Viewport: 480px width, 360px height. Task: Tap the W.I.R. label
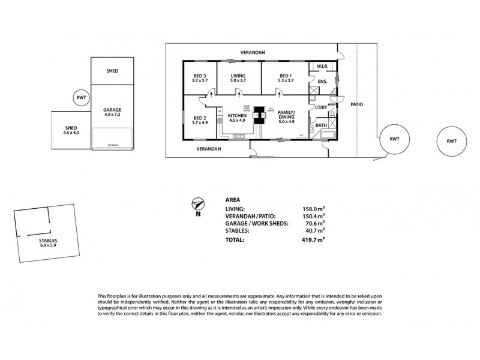coord(322,67)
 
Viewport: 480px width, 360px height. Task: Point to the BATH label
coord(321,125)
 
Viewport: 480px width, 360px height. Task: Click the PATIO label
coord(356,104)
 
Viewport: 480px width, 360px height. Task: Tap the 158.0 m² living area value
coord(314,209)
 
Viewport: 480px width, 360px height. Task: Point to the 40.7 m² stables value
coord(315,230)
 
